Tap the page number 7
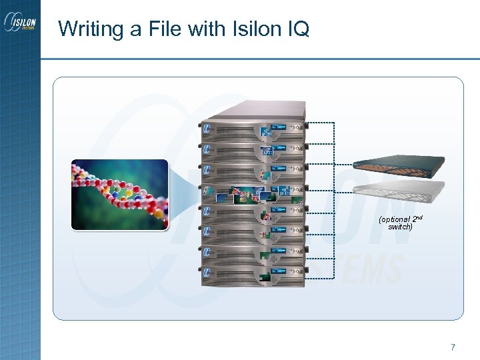tap(453, 347)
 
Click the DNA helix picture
tap(119, 195)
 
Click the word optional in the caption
tap(393, 219)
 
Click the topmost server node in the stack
tap(253, 126)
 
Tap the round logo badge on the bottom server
tap(207, 272)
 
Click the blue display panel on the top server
tap(279, 125)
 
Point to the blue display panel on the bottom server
tap(279, 271)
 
